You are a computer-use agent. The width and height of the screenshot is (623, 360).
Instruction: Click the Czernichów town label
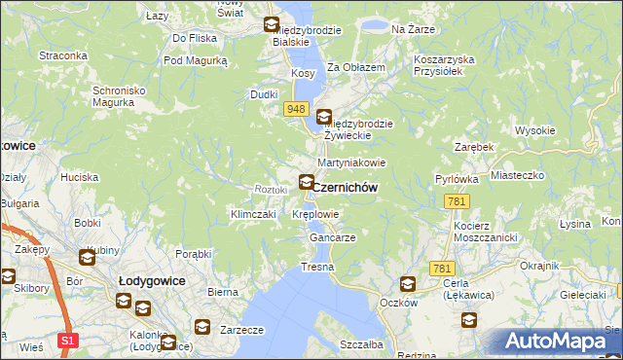[x=346, y=187]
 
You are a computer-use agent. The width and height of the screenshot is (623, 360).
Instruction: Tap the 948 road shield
[x=297, y=110]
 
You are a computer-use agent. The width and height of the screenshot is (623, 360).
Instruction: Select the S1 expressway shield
[x=66, y=341]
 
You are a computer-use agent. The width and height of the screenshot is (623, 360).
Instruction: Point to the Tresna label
[x=317, y=266]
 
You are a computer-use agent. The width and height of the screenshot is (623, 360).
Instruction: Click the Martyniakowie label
[x=351, y=162]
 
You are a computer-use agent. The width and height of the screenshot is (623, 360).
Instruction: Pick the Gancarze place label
[x=332, y=237]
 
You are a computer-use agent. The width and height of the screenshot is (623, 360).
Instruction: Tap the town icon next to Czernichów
[x=307, y=181]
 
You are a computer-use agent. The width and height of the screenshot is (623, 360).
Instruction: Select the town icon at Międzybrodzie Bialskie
[x=272, y=25]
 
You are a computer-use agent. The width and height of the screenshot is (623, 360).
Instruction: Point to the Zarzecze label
[x=242, y=330]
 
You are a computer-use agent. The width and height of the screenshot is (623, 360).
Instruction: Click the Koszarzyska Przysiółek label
[x=443, y=65]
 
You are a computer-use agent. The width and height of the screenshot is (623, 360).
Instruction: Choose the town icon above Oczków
[x=407, y=284]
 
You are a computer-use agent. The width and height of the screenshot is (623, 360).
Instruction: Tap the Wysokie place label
[x=534, y=130]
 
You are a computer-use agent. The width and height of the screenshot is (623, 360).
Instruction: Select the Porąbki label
[x=193, y=254]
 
